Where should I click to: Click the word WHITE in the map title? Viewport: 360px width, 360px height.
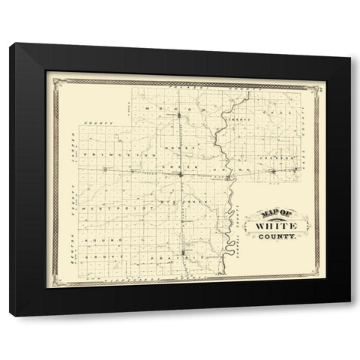275,225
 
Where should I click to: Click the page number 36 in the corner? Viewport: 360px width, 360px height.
319,89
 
